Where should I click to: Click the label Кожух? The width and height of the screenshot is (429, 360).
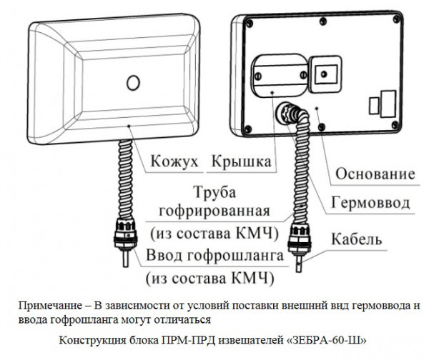172,163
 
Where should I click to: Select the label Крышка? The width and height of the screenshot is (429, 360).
242,163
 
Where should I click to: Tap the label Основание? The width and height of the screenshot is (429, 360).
375,174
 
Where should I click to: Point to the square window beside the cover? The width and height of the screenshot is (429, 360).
325,74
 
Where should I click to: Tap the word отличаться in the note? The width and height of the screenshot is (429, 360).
182,319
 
